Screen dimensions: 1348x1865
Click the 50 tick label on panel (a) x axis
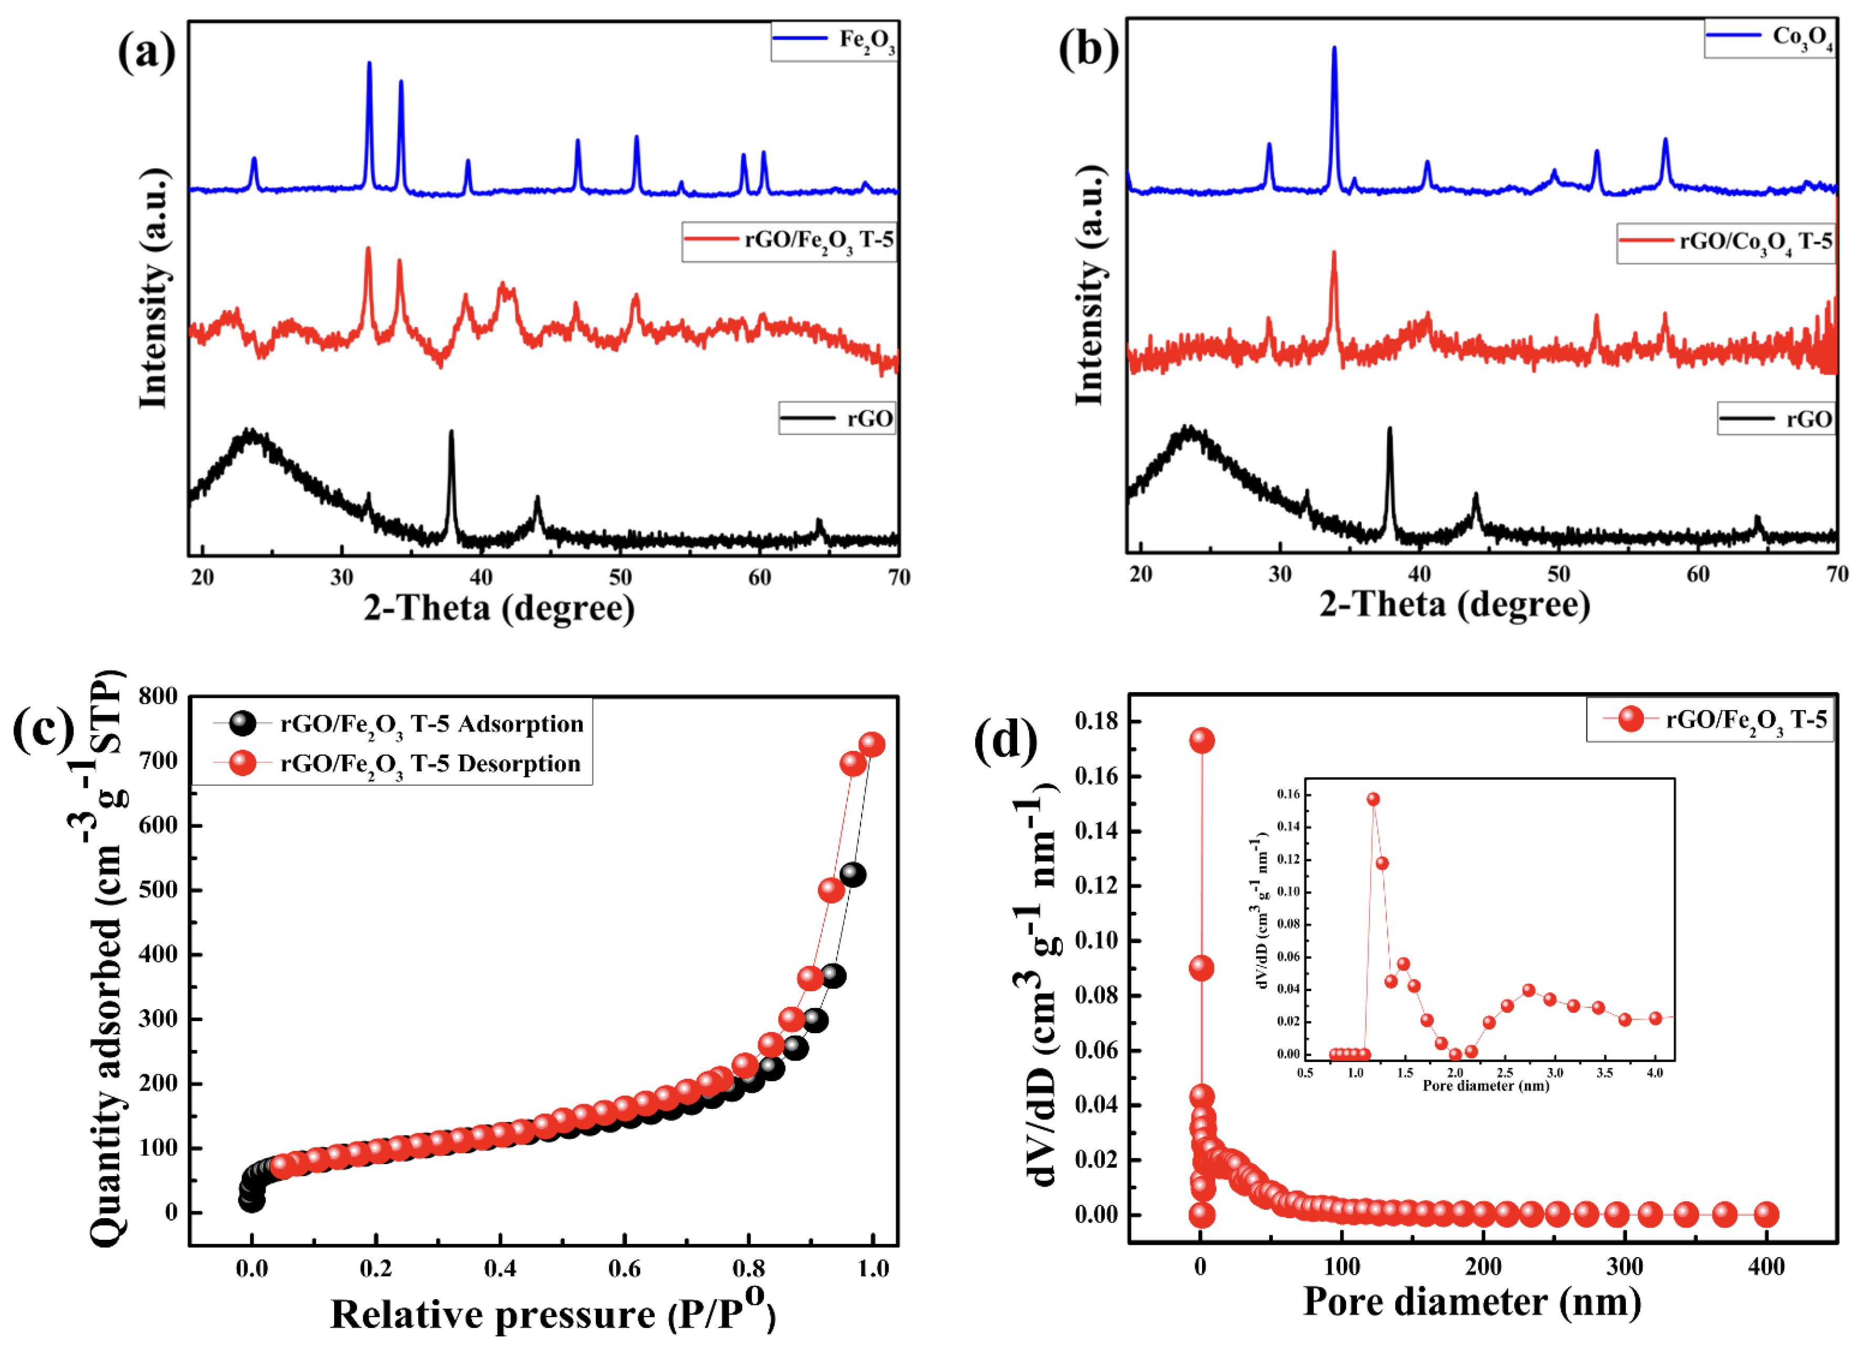pyautogui.click(x=620, y=578)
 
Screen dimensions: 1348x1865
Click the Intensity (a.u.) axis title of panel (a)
pyautogui.click(x=154, y=288)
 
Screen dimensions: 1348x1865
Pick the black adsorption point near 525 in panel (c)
pyautogui.click(x=853, y=875)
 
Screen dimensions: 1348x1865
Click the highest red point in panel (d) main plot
pyautogui.click(x=1201, y=740)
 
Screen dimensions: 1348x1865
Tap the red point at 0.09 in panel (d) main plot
pyautogui.click(x=1201, y=968)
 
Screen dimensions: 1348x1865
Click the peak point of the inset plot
pyautogui.click(x=1373, y=799)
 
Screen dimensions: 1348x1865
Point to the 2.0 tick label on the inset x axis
pyautogui.click(x=1455, y=1073)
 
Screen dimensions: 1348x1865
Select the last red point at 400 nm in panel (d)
pyautogui.click(x=1766, y=1214)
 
